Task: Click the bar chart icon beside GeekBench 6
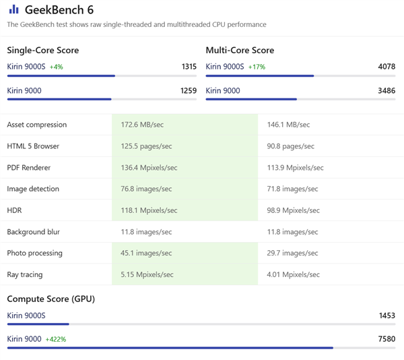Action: click(13, 9)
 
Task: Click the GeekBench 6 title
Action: click(59, 10)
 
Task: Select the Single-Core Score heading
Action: click(42, 51)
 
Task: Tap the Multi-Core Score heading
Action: click(240, 51)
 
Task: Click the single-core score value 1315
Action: click(189, 67)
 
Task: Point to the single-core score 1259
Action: click(189, 90)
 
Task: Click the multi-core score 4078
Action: click(386, 67)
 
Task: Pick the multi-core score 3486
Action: click(386, 90)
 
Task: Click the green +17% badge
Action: click(257, 67)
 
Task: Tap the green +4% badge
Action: click(56, 67)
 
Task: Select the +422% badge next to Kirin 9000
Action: click(55, 339)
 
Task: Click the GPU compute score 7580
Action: click(386, 339)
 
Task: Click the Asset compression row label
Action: click(36, 125)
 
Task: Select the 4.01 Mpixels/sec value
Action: click(294, 275)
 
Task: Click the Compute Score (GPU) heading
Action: click(50, 299)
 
